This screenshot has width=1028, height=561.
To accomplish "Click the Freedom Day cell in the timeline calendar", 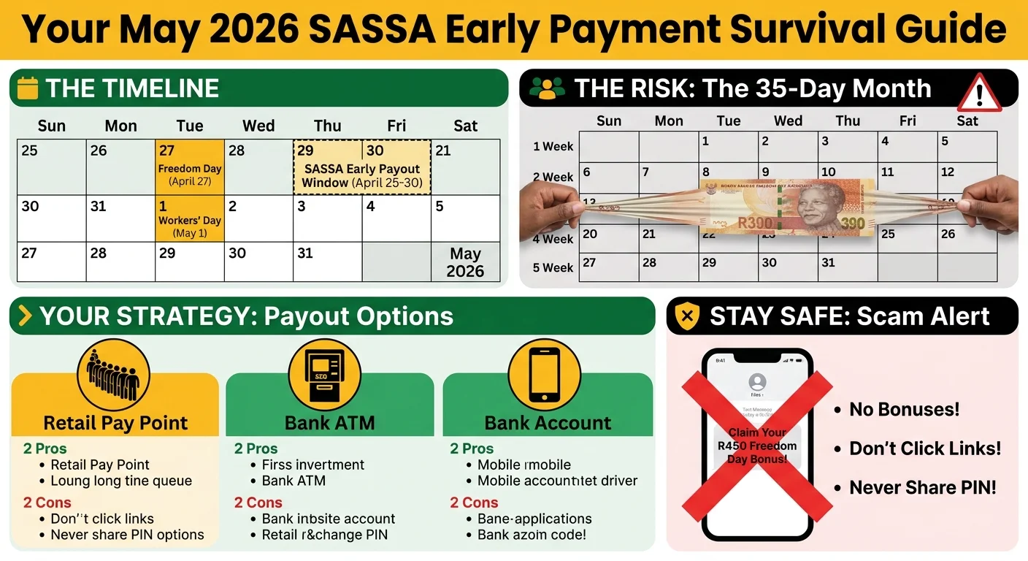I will pos(189,167).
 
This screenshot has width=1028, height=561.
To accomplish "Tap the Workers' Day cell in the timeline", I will pos(189,218).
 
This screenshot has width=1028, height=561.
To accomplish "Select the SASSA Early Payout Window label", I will pos(362,176).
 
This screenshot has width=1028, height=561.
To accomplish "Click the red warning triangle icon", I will pos(979,93).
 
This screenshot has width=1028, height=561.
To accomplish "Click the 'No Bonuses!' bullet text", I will pos(904,410).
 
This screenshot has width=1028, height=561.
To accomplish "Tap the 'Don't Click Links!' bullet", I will pos(925,449).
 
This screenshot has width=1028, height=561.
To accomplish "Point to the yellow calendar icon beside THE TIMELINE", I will pos(27,88).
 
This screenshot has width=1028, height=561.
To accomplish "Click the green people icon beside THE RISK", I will pos(547,88).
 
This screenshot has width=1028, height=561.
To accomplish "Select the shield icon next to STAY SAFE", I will pos(686,316).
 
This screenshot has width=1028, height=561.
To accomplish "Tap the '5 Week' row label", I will pos(553,267).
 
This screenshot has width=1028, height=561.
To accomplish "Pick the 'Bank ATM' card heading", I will pos(329,423).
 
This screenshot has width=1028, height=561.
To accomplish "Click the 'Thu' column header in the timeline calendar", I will pos(328,126).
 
